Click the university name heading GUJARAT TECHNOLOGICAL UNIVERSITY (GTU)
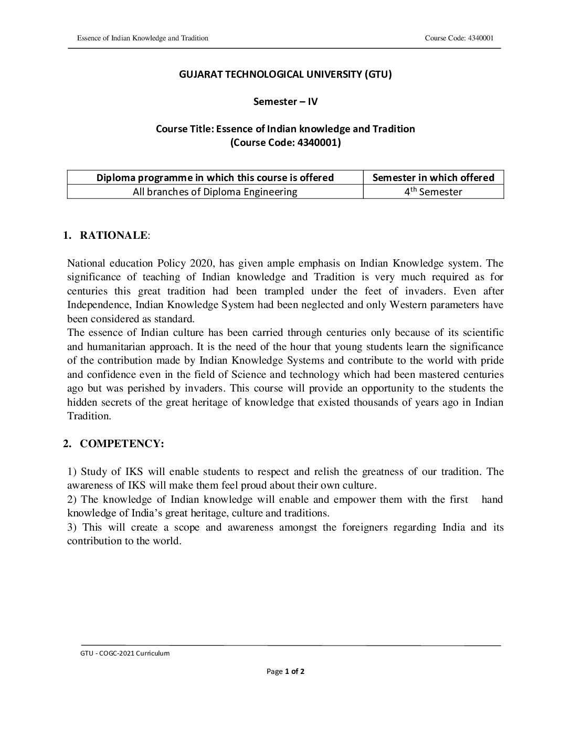tap(285, 74)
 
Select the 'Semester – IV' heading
tap(285, 101)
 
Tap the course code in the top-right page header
tap(459, 38)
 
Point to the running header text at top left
tap(143, 38)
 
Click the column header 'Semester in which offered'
tap(433, 177)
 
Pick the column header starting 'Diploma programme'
tap(215, 177)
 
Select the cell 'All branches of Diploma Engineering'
tap(215, 192)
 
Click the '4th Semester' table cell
tap(433, 192)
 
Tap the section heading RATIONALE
tap(113, 235)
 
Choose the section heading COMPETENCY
tap(122, 444)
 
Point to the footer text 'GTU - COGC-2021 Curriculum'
tap(123, 653)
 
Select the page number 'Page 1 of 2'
tap(285, 671)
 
